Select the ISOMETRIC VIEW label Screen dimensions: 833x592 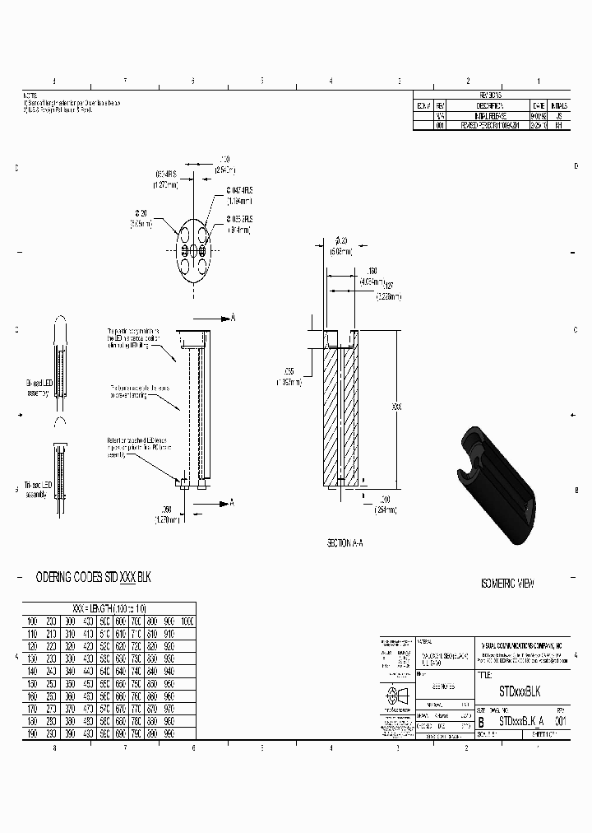coord(506,584)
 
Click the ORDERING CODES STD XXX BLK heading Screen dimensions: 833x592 coord(95,579)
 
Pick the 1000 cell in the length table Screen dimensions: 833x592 coord(187,621)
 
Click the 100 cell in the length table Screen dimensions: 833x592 coord(32,621)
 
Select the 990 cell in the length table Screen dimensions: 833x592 coord(169,732)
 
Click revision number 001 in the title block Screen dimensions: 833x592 coord(561,719)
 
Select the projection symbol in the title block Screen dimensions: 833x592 coord(396,694)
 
